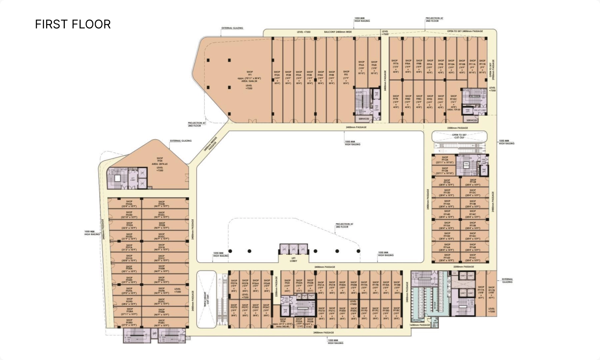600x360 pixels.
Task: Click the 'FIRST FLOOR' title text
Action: click(73, 24)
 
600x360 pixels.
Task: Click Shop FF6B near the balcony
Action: click(374, 68)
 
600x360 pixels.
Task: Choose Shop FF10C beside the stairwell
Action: click(453, 102)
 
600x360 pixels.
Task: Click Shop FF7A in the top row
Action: click(395, 66)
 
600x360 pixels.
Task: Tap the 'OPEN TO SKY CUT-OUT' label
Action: click(459, 136)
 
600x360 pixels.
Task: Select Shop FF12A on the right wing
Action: click(445, 160)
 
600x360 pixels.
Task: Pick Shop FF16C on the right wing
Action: click(473, 259)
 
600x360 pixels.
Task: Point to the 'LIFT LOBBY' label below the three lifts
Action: click(293, 259)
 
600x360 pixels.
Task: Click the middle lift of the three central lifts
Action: click(293, 249)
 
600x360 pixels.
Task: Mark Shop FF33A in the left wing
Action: click(129, 203)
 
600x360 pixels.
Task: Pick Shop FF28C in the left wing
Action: click(161, 323)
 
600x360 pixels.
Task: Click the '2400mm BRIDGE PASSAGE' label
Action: click(211, 143)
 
